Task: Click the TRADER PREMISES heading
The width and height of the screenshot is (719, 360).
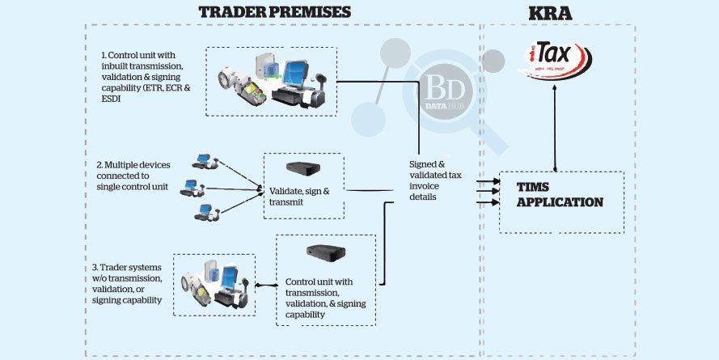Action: pos(274,11)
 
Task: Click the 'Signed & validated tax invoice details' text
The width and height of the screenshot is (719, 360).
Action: pos(434,180)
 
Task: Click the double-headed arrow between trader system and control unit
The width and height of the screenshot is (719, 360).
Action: pos(264,285)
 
